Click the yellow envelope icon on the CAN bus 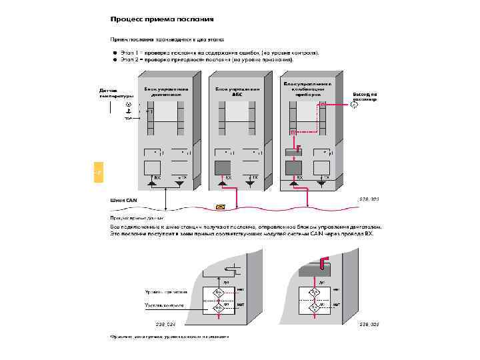click(x=221, y=207)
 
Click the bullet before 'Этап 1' click(x=115, y=52)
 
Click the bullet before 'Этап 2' click(x=115, y=59)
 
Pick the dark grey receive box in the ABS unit click(x=222, y=166)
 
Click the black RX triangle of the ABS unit click(x=222, y=182)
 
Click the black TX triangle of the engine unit click(x=179, y=182)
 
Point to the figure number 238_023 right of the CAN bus click(x=369, y=199)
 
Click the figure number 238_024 click(x=165, y=323)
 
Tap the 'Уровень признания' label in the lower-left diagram click(x=166, y=291)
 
